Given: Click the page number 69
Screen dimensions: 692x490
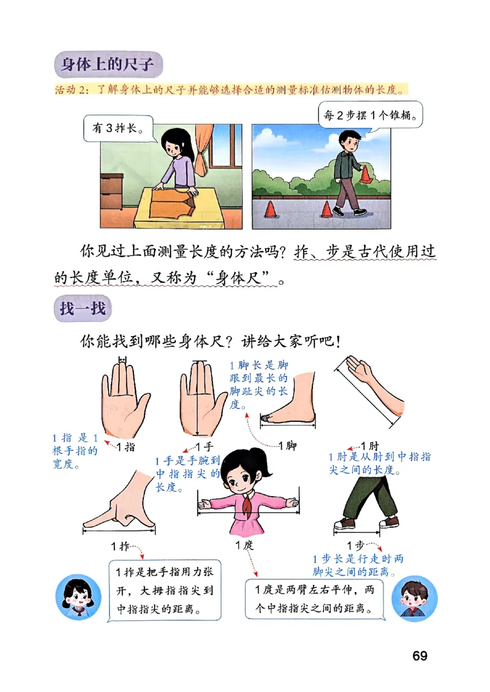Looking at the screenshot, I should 420,656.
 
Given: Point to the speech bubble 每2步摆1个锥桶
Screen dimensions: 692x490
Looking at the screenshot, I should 371,114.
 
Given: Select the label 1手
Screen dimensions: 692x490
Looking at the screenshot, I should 203,446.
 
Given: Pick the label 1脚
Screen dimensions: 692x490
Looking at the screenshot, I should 287,446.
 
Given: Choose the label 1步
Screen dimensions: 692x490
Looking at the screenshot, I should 356,545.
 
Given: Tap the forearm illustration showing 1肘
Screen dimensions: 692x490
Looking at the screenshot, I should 371,386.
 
